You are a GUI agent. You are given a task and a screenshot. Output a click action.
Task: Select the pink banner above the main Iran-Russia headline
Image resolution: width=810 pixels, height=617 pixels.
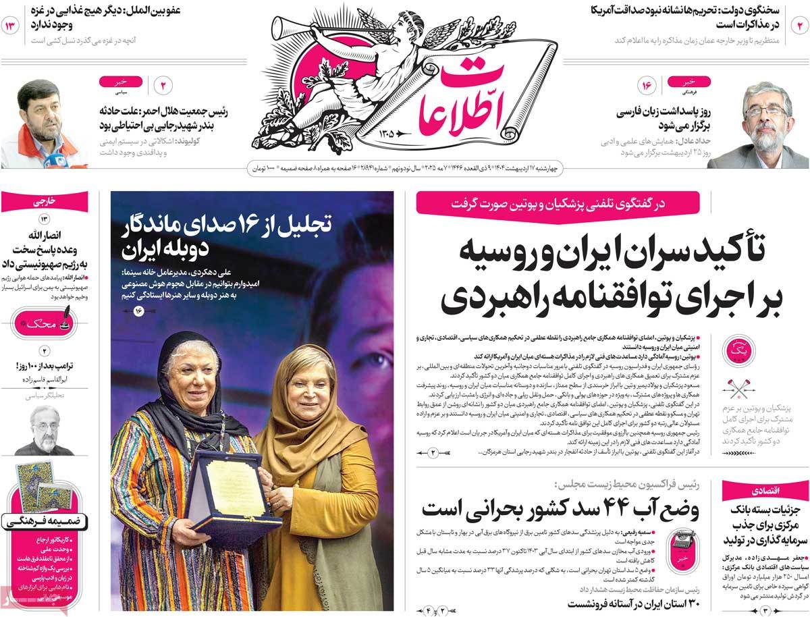click(558, 203)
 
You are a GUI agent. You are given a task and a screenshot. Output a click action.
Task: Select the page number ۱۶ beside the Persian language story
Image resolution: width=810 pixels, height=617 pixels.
click(645, 86)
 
